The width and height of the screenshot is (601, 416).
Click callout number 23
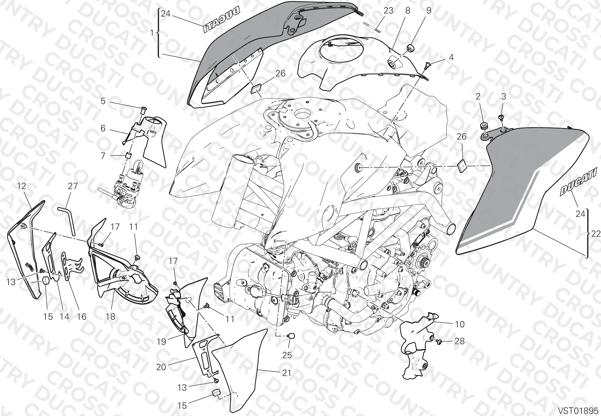click(388, 11)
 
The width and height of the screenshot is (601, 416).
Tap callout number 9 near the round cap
click(429, 11)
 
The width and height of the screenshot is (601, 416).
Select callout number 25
click(287, 355)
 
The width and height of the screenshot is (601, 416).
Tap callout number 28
click(459, 341)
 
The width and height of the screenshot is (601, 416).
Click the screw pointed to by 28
click(439, 342)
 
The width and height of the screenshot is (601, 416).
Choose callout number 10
click(459, 324)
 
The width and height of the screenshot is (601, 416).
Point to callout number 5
click(103, 101)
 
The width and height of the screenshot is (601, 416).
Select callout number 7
click(103, 156)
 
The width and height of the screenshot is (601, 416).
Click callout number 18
click(111, 317)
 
